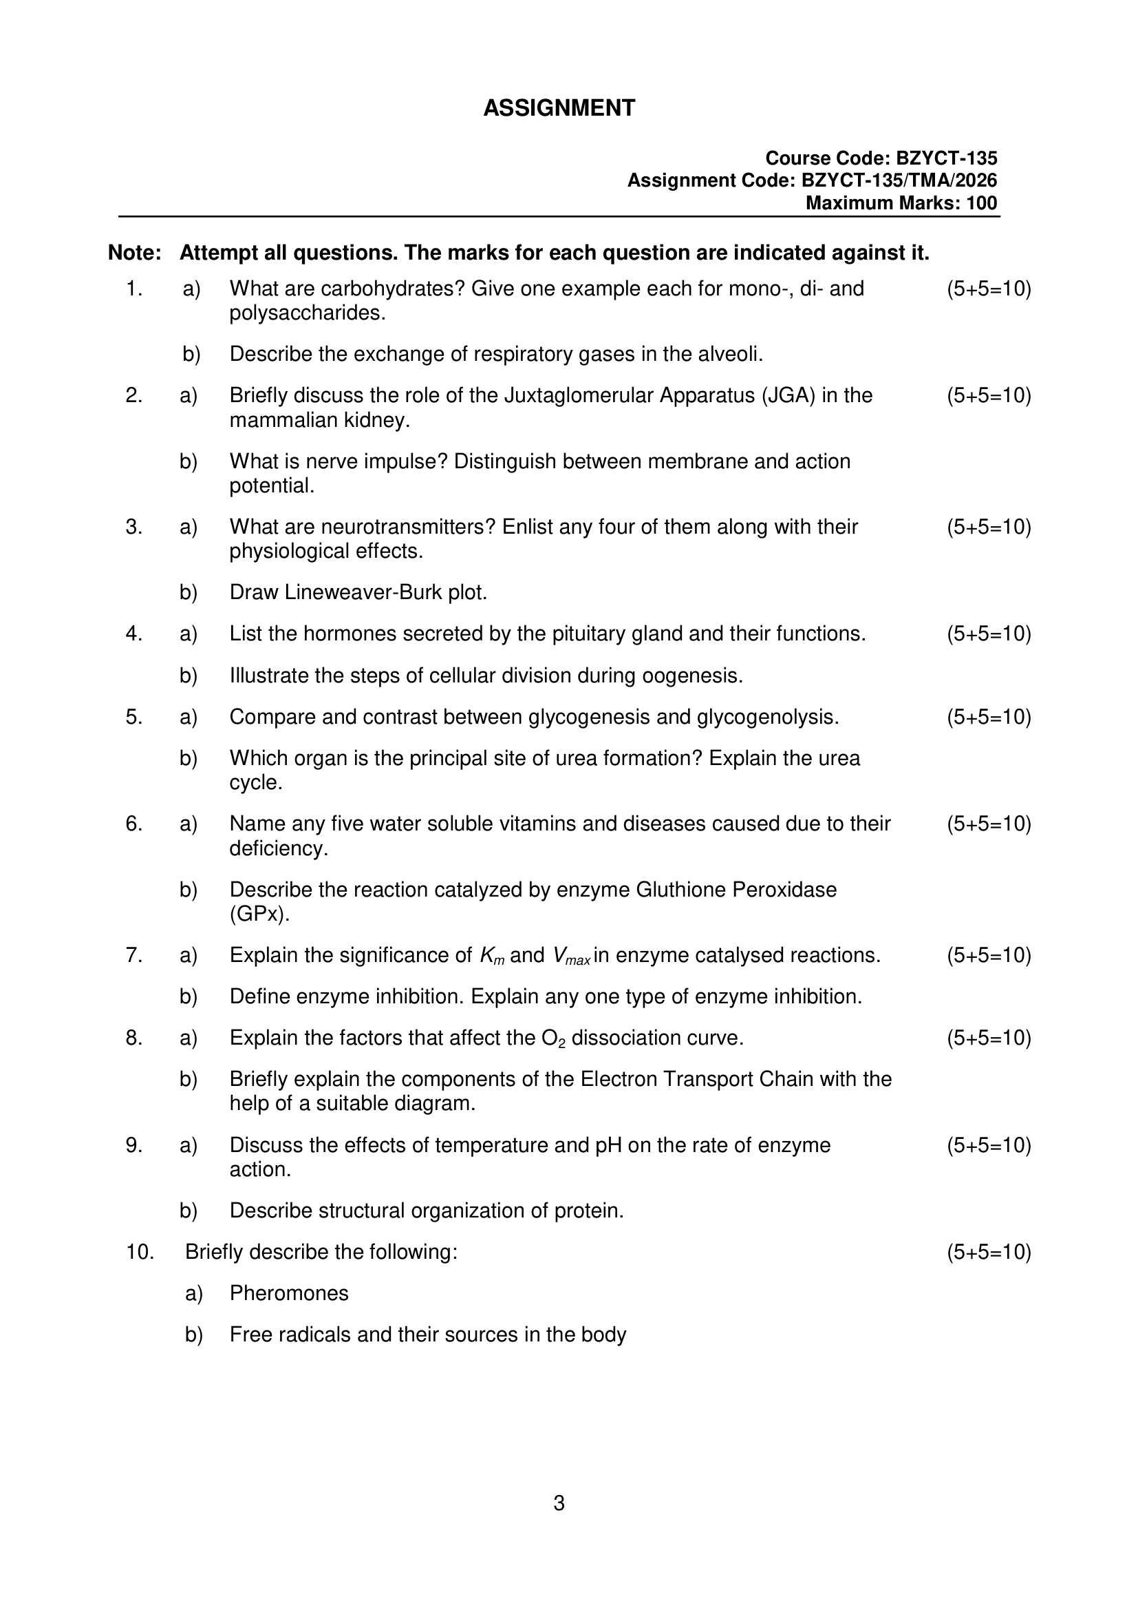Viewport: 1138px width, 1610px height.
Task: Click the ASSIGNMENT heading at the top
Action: pos(559,108)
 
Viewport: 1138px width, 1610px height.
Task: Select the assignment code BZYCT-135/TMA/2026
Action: pos(899,181)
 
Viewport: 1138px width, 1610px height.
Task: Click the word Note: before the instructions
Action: pos(135,253)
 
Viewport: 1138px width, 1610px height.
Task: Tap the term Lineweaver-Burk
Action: pos(363,592)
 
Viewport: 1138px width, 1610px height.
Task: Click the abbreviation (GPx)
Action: pos(259,914)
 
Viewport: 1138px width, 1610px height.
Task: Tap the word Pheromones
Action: pos(289,1293)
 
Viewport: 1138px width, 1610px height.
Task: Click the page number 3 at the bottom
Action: pos(559,1503)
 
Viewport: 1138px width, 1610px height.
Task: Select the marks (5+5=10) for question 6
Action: pos(989,824)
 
